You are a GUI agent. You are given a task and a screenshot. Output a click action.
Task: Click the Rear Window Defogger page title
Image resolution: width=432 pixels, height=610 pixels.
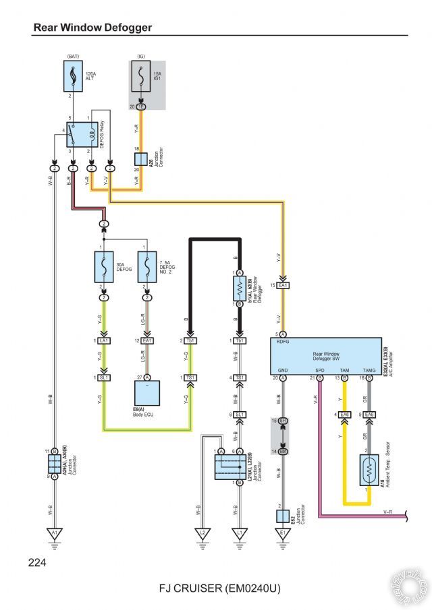[92, 28]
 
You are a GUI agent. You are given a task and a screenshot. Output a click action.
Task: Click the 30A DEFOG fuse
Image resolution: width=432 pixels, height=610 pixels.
[105, 268]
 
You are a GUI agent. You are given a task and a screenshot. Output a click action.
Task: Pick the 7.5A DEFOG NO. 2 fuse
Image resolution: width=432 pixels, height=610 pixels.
[147, 268]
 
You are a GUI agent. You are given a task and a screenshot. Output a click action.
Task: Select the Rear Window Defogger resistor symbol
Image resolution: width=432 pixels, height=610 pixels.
[238, 288]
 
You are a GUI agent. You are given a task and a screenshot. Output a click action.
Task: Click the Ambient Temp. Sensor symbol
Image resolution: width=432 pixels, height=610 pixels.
[368, 470]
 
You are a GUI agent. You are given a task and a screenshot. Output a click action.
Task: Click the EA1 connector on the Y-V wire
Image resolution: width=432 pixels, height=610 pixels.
[283, 285]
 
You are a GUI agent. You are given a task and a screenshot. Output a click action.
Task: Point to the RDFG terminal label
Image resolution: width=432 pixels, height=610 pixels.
[283, 342]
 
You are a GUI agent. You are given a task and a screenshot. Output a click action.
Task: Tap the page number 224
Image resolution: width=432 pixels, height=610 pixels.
[38, 561]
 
